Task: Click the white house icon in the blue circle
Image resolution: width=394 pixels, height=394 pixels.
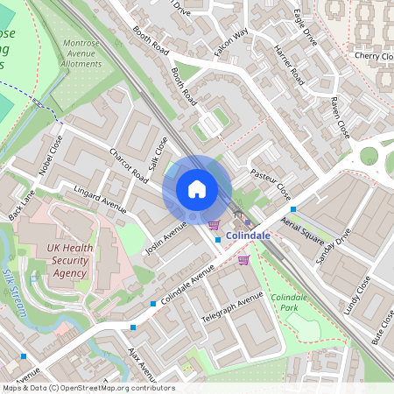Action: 197,188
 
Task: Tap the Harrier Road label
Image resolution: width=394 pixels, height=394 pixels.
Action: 286,65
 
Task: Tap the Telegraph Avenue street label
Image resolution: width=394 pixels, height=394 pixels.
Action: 231,307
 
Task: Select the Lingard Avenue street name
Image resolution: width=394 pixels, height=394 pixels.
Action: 101,200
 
